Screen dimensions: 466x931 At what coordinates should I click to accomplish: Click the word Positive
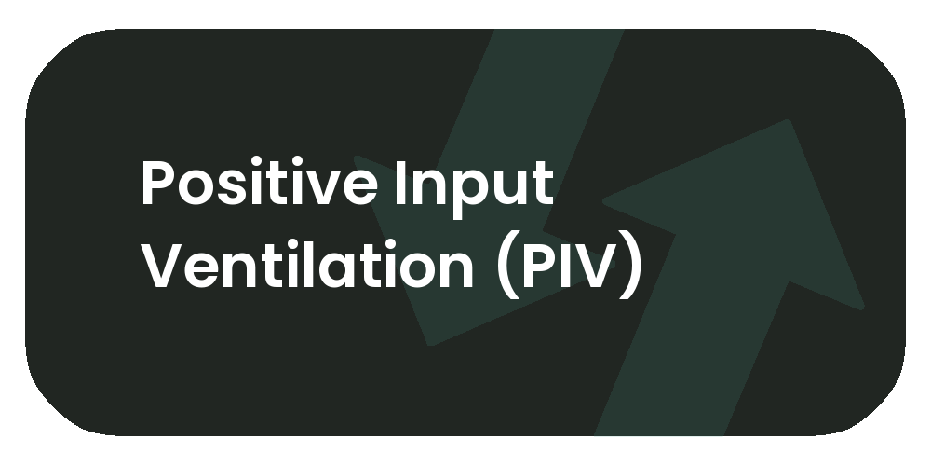[253, 185]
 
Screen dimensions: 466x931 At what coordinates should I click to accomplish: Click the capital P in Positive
[158, 185]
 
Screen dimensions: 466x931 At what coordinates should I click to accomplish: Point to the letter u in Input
[507, 190]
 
